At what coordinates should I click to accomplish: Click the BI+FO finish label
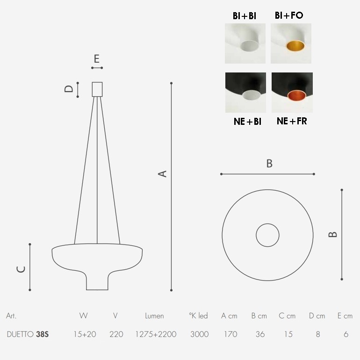[x=289, y=15]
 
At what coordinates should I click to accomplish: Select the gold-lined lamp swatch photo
[x=291, y=43]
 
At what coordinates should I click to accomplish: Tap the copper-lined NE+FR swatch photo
[x=292, y=93]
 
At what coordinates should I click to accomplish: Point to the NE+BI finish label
[x=247, y=122]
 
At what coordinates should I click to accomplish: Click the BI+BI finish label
[x=244, y=16]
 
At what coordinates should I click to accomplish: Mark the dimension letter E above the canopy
[x=97, y=59]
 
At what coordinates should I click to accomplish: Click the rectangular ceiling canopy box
[x=97, y=89]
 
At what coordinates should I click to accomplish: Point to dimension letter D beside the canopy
[x=68, y=89]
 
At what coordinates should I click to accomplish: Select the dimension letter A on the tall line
[x=162, y=173]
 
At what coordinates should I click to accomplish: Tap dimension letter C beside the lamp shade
[x=21, y=269]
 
